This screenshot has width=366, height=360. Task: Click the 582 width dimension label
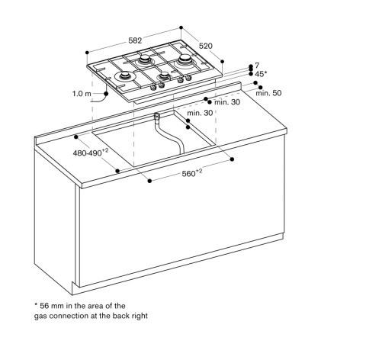(135, 40)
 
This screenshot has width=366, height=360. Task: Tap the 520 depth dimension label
(205, 46)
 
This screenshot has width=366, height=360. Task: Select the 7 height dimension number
(257, 66)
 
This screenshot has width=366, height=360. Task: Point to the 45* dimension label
(261, 74)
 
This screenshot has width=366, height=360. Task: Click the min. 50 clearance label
(268, 93)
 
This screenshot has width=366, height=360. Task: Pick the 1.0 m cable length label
(82, 94)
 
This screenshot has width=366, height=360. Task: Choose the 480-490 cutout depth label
(91, 153)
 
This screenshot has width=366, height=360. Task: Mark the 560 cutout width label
(192, 173)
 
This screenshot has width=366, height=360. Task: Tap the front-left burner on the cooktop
(125, 76)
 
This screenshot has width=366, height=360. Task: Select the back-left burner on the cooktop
(145, 59)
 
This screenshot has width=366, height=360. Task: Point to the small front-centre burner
(165, 75)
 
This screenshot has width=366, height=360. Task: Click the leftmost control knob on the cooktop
(153, 88)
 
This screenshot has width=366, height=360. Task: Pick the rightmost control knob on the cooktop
(188, 79)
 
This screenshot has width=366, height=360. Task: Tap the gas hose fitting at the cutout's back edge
(156, 117)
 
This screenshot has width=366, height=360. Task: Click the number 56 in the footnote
(44, 306)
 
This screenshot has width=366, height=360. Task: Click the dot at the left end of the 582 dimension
(87, 53)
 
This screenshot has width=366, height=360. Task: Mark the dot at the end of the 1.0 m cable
(106, 94)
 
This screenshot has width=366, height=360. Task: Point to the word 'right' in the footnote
(140, 316)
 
